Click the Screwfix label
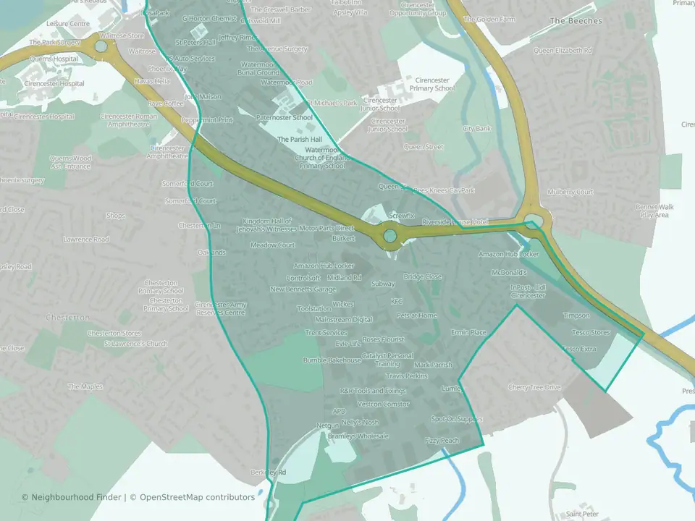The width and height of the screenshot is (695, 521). click(x=402, y=216)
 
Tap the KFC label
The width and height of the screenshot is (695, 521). click(x=396, y=302)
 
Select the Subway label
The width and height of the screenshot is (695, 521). click(x=383, y=284)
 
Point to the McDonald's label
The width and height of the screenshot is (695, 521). click(x=508, y=273)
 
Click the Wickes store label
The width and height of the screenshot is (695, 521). click(x=343, y=304)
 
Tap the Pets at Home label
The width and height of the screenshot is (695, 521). click(x=417, y=315)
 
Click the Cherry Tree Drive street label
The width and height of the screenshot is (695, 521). click(x=534, y=387)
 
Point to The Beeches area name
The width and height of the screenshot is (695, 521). click(x=576, y=21)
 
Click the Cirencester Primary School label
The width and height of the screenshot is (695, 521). click(x=431, y=84)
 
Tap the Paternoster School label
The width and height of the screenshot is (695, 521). click(x=285, y=117)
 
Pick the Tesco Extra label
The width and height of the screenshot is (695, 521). click(x=580, y=349)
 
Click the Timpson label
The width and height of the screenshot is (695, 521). click(x=576, y=315)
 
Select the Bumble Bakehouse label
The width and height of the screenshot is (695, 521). click(x=332, y=360)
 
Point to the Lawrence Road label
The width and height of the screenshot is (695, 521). click(x=85, y=240)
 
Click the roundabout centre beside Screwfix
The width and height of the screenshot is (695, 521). click(x=390, y=235)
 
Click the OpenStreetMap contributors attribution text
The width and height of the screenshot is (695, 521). click(x=197, y=497)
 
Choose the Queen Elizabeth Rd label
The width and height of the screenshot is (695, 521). click(x=563, y=51)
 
